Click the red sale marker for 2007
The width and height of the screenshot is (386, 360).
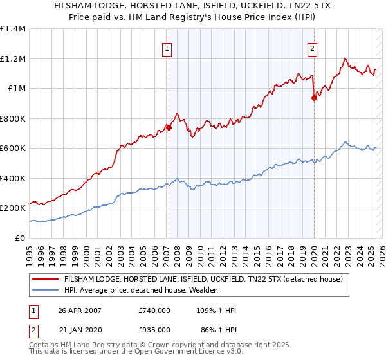tap(169, 127)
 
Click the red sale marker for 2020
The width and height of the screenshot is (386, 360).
tap(314, 98)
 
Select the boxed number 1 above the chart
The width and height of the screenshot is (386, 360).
tap(167, 48)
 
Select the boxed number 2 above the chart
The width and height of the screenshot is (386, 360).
tap(312, 48)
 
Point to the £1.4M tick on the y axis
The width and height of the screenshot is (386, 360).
tap(13, 29)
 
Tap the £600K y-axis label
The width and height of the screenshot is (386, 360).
tap(13, 148)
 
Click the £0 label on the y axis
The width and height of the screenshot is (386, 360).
tap(19, 238)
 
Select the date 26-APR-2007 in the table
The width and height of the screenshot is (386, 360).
tap(80, 310)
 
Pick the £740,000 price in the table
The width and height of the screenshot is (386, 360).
tap(154, 310)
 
